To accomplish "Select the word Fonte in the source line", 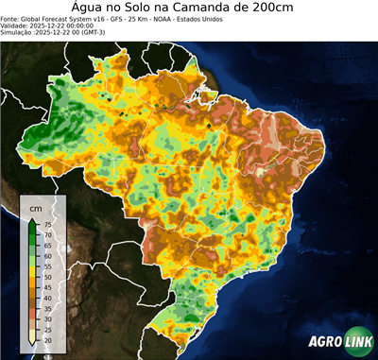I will point(11,18).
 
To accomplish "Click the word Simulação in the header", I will point(19,32).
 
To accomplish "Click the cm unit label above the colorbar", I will point(35,207).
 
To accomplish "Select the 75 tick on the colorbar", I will point(47,224).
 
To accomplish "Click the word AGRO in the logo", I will point(325,341).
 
